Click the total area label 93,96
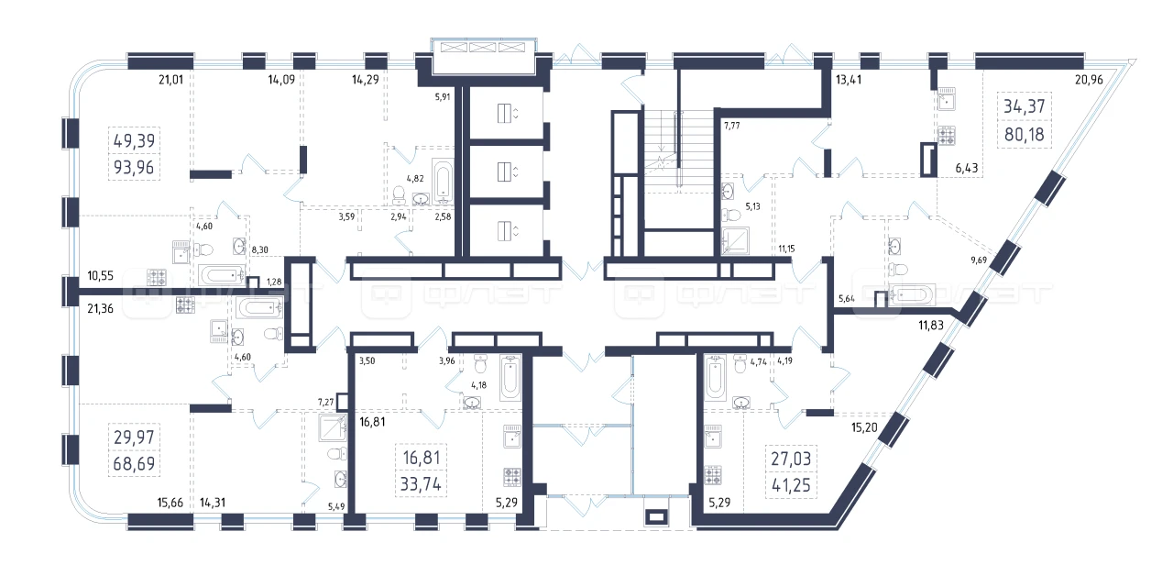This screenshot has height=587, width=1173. pyautogui.click(x=134, y=168)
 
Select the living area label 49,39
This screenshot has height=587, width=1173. pyautogui.click(x=134, y=140)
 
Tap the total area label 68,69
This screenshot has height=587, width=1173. pyautogui.click(x=134, y=464)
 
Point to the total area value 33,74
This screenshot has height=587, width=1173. pyautogui.click(x=421, y=484)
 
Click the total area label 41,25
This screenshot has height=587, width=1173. pyautogui.click(x=791, y=485)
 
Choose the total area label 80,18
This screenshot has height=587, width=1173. pyautogui.click(x=1025, y=135)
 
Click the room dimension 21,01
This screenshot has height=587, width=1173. pyautogui.click(x=170, y=80)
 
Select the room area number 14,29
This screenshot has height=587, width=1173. pyautogui.click(x=366, y=80)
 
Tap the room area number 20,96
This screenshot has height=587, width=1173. pyautogui.click(x=1090, y=80)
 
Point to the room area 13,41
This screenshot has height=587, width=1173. pyautogui.click(x=849, y=80)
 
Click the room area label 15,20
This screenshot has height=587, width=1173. pyautogui.click(x=864, y=427)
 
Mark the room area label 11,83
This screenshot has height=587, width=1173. pyautogui.click(x=931, y=326)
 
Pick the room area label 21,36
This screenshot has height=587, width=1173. pyautogui.click(x=100, y=309)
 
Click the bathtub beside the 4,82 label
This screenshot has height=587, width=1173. pyautogui.click(x=443, y=182)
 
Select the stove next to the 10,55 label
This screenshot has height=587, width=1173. pyautogui.click(x=156, y=277)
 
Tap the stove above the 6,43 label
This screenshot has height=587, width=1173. pyautogui.click(x=947, y=135)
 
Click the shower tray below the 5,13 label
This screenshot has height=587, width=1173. pyautogui.click(x=735, y=240)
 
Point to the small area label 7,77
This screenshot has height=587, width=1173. pyautogui.click(x=732, y=126)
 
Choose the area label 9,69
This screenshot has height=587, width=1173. pyautogui.click(x=979, y=260)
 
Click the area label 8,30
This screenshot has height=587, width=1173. pyautogui.click(x=259, y=250)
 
